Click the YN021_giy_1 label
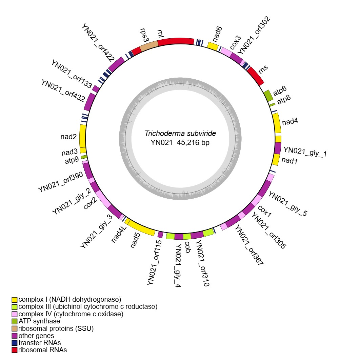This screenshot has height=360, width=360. click(x=305, y=151)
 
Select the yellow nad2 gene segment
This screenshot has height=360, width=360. click(x=83, y=136)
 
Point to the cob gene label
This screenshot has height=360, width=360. click(x=187, y=245)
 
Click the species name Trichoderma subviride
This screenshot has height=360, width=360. click(x=180, y=134)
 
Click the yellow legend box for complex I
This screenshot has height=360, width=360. click(x=14, y=300)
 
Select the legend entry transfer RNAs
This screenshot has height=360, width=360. click(x=40, y=343)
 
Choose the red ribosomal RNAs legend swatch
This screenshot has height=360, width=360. click(x=14, y=350)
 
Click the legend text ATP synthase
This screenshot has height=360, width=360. click(x=39, y=321)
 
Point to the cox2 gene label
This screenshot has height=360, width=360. click(x=91, y=203)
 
